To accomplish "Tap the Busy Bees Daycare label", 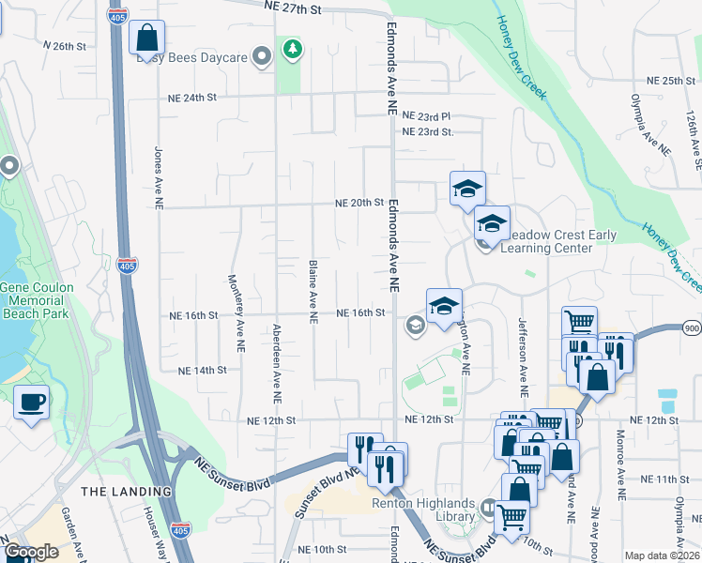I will point(191,58).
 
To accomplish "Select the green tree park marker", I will point(294,48).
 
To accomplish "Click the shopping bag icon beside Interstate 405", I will point(147,39).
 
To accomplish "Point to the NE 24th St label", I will point(191,98).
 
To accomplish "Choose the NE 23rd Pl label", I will point(426,116).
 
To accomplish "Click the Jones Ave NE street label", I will point(159,177).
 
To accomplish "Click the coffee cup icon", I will point(32,403).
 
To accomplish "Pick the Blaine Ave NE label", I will point(312,291).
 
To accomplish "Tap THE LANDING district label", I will point(127,492).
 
